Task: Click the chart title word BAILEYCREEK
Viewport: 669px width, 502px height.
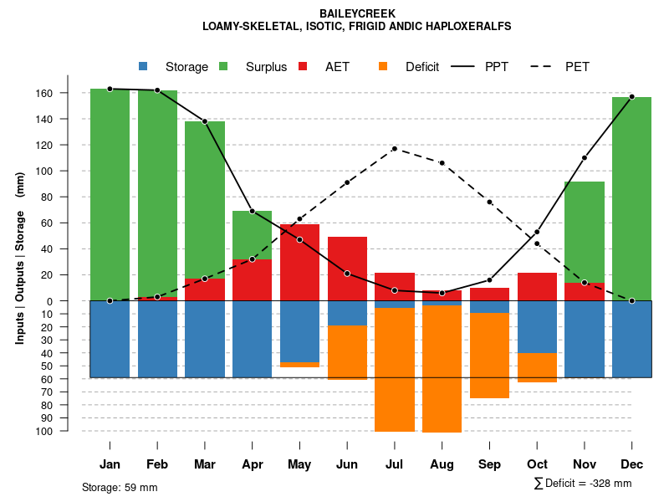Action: (x=357, y=13)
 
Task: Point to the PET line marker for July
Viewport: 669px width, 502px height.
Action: (x=395, y=149)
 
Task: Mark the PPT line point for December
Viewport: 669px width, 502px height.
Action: (x=632, y=97)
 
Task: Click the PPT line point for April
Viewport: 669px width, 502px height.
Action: (x=252, y=211)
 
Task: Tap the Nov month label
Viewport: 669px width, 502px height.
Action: (x=585, y=464)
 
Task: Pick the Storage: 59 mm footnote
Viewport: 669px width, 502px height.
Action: (x=120, y=487)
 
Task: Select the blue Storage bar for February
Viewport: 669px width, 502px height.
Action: (x=157, y=339)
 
